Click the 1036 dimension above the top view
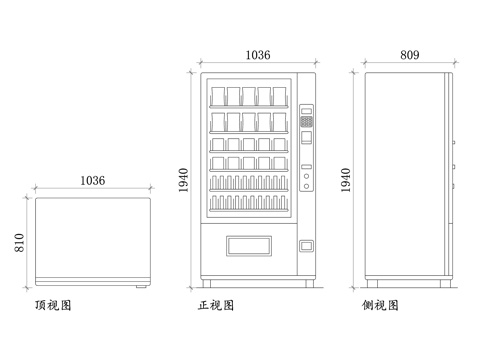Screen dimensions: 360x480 click(92, 181)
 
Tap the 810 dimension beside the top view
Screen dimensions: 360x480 click(20, 242)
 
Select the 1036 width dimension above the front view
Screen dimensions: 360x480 click(257, 57)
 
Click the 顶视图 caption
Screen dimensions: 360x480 click(52, 304)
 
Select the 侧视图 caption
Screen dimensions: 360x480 click(380, 304)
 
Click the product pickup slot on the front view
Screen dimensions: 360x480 click(249, 245)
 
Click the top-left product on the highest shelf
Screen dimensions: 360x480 click(218, 96)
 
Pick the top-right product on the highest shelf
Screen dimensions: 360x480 click(281, 96)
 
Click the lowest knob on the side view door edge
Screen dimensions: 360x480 click(454, 185)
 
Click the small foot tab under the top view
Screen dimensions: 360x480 click(139, 286)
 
